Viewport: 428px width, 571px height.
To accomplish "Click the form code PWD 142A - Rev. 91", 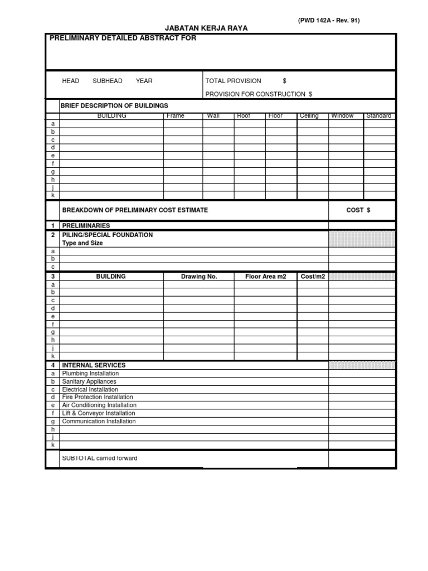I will (328, 20).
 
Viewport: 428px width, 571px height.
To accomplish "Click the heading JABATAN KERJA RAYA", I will (207, 28).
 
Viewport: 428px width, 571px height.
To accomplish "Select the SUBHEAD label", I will (108, 81).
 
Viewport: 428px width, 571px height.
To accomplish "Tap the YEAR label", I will (144, 81).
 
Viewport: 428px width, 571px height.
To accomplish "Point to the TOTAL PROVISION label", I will (233, 81).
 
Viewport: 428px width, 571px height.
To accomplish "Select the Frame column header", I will (175, 116).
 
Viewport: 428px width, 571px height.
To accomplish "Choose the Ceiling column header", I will (309, 116).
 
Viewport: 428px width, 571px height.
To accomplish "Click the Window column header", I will (342, 116).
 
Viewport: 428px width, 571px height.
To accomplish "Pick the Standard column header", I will (379, 116).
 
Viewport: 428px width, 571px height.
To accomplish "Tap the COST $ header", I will (358, 210).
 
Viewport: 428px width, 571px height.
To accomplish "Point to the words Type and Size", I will (82, 243).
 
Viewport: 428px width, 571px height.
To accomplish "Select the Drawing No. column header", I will (199, 276).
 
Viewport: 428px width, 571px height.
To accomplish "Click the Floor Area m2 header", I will (265, 276).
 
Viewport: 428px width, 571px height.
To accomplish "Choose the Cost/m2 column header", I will (312, 276).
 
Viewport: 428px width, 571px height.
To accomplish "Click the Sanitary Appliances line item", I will (89, 381).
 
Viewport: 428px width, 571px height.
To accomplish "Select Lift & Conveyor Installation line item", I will (99, 413).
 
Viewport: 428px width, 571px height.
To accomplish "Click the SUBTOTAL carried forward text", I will (100, 458).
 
